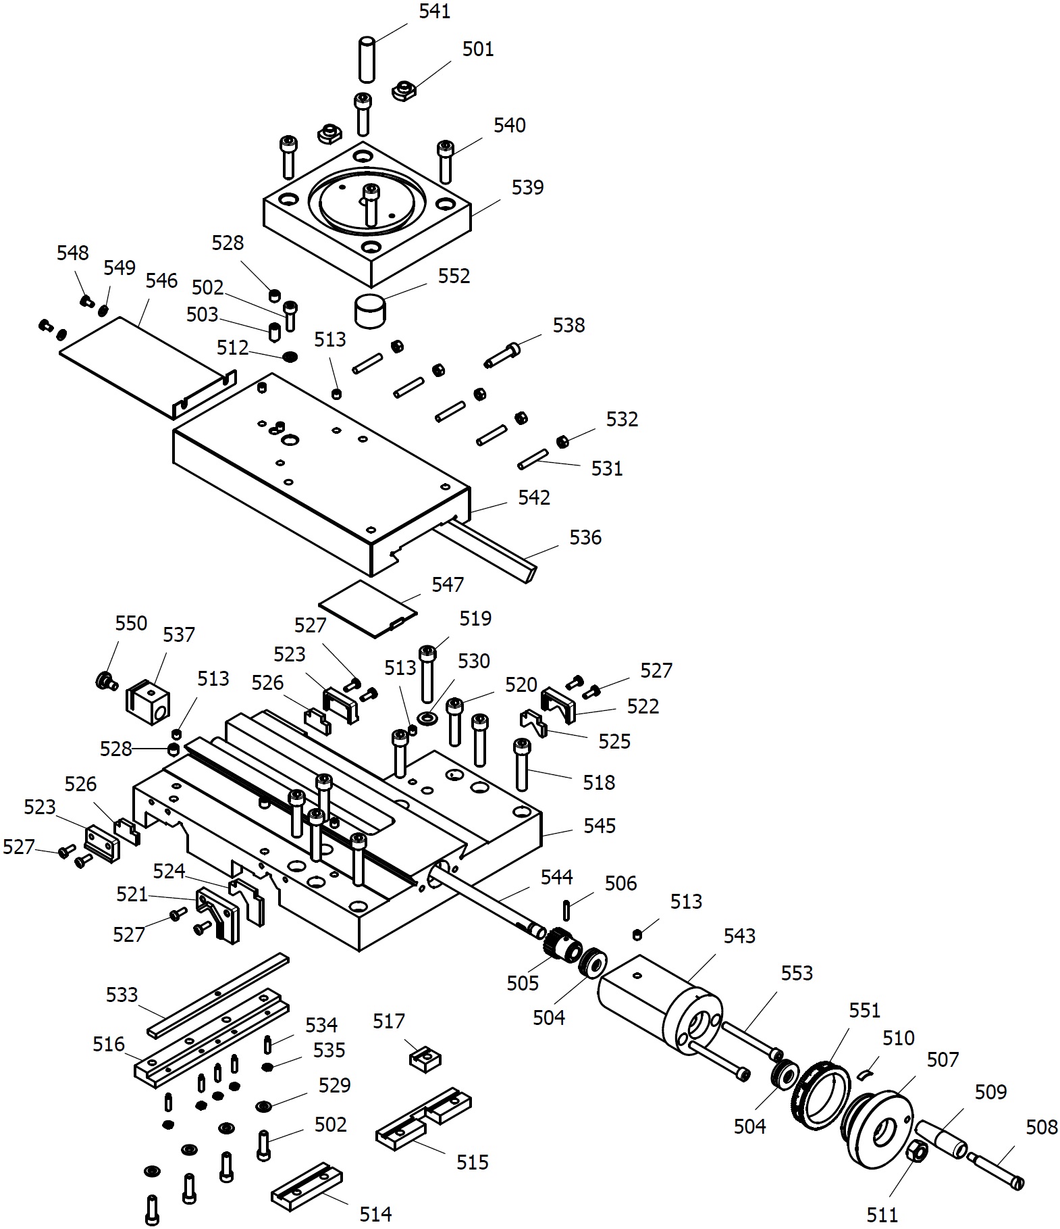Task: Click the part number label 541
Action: pos(434,11)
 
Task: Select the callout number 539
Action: pos(527,187)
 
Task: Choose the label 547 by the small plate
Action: pos(448,584)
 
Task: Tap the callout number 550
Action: pos(131,623)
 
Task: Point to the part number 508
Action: pos(1042,1127)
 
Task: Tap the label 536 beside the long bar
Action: pos(585,537)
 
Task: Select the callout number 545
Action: pos(600,826)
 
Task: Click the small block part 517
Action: pos(425,1057)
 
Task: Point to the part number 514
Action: pos(375,1214)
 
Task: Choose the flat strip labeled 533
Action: pos(218,995)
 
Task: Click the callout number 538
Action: pos(568,325)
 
